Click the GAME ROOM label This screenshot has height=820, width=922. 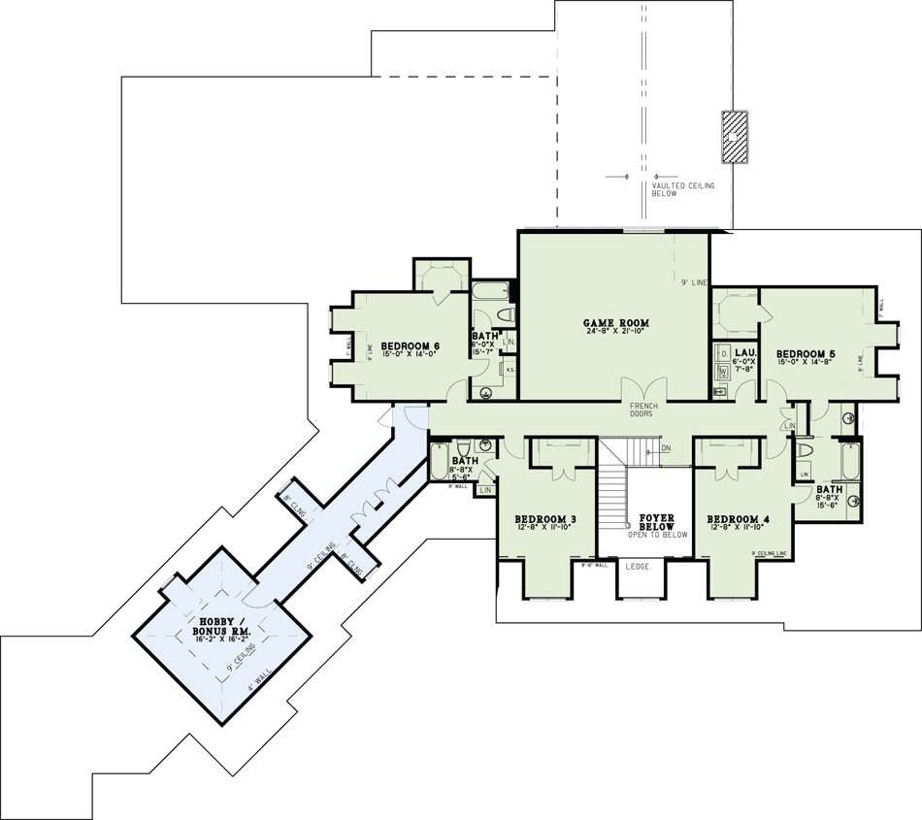[x=615, y=323]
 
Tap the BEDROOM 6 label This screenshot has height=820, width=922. [x=410, y=346]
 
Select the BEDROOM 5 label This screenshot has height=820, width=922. [x=805, y=353]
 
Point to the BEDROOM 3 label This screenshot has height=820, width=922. [x=544, y=520]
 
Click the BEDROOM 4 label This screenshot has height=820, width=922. [x=738, y=520]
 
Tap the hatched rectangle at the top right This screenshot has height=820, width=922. [x=735, y=136]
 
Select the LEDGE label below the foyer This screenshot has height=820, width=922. [x=638, y=566]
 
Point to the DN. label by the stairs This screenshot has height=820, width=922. [x=666, y=448]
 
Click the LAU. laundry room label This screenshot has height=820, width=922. [x=746, y=352]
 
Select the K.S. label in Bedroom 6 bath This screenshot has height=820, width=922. [x=510, y=370]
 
